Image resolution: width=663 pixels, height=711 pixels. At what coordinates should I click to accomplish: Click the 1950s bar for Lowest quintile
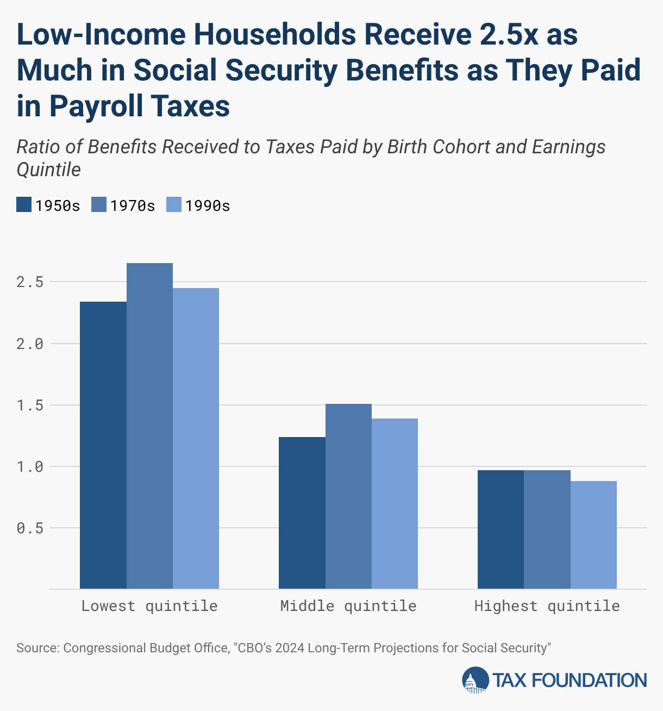pos(103,445)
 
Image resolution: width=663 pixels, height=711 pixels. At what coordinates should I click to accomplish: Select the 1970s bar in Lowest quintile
pos(149,426)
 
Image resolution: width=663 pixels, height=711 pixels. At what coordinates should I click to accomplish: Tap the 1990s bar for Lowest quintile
pos(196,439)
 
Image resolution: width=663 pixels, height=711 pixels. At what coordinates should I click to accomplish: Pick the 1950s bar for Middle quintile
pos(302,513)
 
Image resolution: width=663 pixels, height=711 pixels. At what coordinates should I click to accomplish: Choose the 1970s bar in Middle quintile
pos(348,496)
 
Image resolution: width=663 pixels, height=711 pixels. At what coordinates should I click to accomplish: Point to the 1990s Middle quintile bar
pos(395,504)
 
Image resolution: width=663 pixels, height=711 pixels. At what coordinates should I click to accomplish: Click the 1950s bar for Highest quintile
pos(501,529)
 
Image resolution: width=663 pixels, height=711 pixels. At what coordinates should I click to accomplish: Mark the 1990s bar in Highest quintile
pos(593,535)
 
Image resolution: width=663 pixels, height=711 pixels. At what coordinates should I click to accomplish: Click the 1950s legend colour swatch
pos(24,204)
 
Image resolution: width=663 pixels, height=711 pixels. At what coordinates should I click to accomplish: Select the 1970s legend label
pos(133,206)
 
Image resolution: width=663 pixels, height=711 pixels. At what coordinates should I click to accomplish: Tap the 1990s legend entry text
pos(208,206)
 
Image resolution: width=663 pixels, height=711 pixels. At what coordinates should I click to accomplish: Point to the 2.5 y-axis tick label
pos(30,282)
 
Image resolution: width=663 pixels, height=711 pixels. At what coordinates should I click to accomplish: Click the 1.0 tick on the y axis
pos(30,467)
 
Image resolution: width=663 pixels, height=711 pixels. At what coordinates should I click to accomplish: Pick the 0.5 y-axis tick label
pos(30,528)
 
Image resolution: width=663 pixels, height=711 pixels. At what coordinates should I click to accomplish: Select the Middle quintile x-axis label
pos(348,607)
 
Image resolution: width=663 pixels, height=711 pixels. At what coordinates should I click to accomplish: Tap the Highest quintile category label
pos(547,607)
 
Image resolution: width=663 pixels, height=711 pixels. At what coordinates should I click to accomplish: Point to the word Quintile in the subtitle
pos(49,170)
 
